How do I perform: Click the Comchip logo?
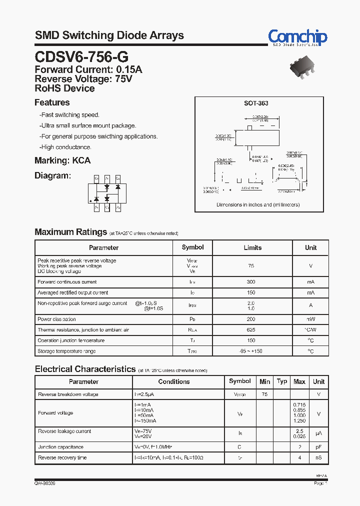click(x=297, y=37)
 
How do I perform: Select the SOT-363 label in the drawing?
click(x=256, y=103)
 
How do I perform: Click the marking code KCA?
click(x=81, y=160)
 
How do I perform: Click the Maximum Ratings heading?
click(x=70, y=232)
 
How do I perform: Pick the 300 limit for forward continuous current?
click(x=251, y=282)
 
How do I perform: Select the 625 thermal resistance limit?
click(x=251, y=330)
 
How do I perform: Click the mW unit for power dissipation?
click(x=310, y=319)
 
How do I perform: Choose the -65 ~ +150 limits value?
click(x=251, y=351)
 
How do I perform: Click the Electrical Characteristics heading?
click(x=85, y=369)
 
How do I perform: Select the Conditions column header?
click(x=174, y=381)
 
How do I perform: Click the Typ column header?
click(x=282, y=381)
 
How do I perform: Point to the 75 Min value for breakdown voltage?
click(x=264, y=394)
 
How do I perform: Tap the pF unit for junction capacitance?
click(x=318, y=447)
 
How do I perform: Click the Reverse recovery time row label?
click(x=62, y=457)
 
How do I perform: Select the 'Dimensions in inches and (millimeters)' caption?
click(x=257, y=205)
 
